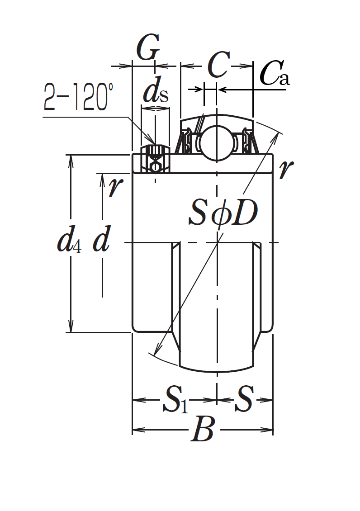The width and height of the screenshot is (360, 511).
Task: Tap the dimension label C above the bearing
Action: click(218, 65)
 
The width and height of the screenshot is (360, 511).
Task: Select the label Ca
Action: click(275, 73)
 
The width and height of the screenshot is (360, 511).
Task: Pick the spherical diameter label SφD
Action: click(223, 213)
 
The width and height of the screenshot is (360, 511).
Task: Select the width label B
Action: click(203, 429)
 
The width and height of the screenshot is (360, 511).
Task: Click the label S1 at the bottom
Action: click(175, 400)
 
